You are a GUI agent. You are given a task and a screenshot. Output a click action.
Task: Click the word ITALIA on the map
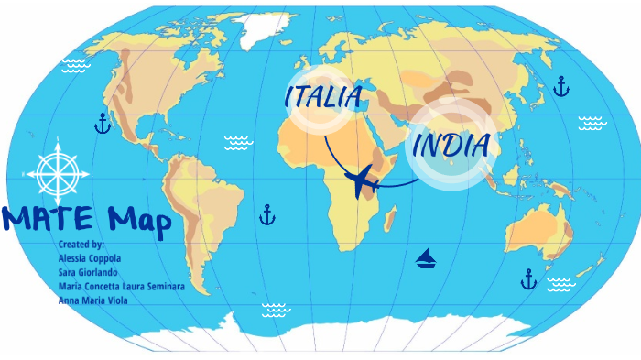[x=323, y=95]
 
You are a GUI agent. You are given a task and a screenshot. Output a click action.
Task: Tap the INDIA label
[x=451, y=145]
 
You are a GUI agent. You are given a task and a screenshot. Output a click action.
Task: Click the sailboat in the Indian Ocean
[x=426, y=258]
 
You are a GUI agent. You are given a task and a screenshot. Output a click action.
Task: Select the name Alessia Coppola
[x=89, y=259]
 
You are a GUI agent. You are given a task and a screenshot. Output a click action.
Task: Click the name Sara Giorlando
[x=87, y=273]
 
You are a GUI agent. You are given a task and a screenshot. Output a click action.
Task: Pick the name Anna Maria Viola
[x=92, y=300]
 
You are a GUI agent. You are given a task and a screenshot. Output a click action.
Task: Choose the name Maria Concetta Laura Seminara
[x=121, y=287]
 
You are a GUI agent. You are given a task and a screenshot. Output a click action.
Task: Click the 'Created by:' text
[x=81, y=245]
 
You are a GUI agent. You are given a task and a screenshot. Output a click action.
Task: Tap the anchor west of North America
[x=103, y=123]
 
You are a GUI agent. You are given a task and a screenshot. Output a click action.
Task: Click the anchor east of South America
[x=267, y=215]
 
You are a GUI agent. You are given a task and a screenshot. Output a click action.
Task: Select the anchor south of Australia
[x=528, y=279]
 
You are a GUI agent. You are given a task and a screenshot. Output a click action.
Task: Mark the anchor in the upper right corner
[x=561, y=87]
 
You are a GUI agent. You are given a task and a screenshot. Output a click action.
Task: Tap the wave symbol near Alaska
[x=73, y=65]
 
